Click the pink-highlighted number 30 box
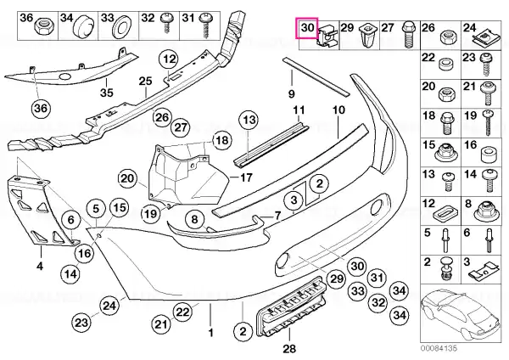[307, 28]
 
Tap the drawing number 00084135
[439, 348]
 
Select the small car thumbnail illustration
[461, 314]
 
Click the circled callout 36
[41, 108]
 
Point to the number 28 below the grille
[289, 349]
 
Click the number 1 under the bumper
[210, 333]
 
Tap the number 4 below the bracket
[40, 267]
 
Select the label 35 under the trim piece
[107, 93]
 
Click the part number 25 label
[145, 81]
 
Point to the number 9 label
[291, 94]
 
